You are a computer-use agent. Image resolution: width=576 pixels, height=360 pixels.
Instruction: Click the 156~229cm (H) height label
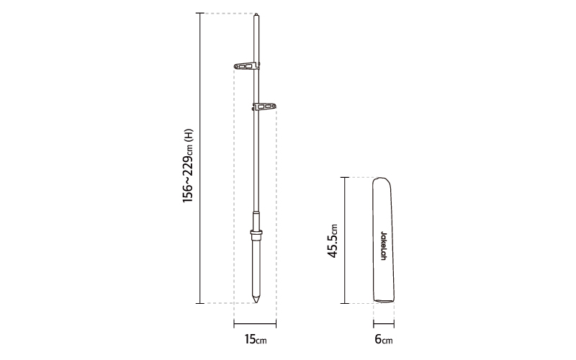pos(188,166)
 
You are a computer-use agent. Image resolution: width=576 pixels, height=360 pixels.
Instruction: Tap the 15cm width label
pos(256,339)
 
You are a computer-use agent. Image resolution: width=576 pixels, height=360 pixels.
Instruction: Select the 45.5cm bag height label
pos(332,240)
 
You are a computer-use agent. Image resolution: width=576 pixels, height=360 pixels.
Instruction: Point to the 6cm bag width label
pos(384,339)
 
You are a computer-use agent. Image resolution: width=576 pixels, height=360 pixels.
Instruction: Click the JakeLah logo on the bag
pos(383,246)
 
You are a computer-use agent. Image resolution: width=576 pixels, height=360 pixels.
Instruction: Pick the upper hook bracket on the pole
pos(246,66)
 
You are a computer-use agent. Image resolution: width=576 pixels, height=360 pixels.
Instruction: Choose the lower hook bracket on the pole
pos(264,107)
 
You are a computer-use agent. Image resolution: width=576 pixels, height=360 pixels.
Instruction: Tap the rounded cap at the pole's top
pos(256,14)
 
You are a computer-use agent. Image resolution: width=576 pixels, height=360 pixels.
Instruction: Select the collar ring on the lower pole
pos(256,232)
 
